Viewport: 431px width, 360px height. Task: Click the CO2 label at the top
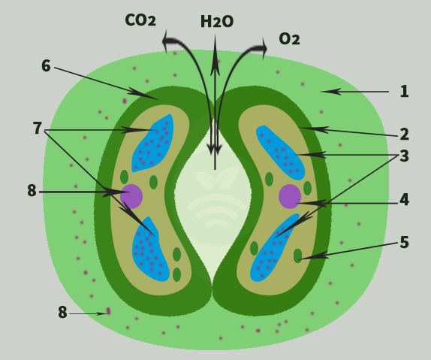coord(140,20)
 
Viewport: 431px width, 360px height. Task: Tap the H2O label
coord(217,22)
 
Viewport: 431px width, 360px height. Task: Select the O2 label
coord(289,38)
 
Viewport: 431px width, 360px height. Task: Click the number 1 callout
coord(404,92)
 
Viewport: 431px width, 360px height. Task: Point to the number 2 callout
coord(404,135)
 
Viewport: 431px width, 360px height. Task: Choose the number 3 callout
coord(404,156)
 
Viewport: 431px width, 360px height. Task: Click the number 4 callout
coord(404,200)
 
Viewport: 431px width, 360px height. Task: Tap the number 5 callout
coord(404,242)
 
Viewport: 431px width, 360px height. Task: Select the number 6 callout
coord(47,66)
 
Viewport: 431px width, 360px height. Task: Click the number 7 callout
coord(38,129)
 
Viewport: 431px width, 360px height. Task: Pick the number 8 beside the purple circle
coord(32,190)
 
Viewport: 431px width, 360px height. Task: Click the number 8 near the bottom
coord(62,313)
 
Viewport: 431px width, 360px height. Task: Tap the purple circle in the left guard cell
coord(131,196)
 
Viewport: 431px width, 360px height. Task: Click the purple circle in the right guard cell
coord(290,196)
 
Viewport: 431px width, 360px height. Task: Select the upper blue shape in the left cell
coord(152,144)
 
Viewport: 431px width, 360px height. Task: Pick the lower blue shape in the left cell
coord(150,250)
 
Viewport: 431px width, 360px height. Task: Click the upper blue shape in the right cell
coord(280,153)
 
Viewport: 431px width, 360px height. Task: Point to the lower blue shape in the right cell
coord(274,248)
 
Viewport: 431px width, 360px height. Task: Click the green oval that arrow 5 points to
coord(297,256)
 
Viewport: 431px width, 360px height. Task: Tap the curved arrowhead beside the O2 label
coord(264,49)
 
